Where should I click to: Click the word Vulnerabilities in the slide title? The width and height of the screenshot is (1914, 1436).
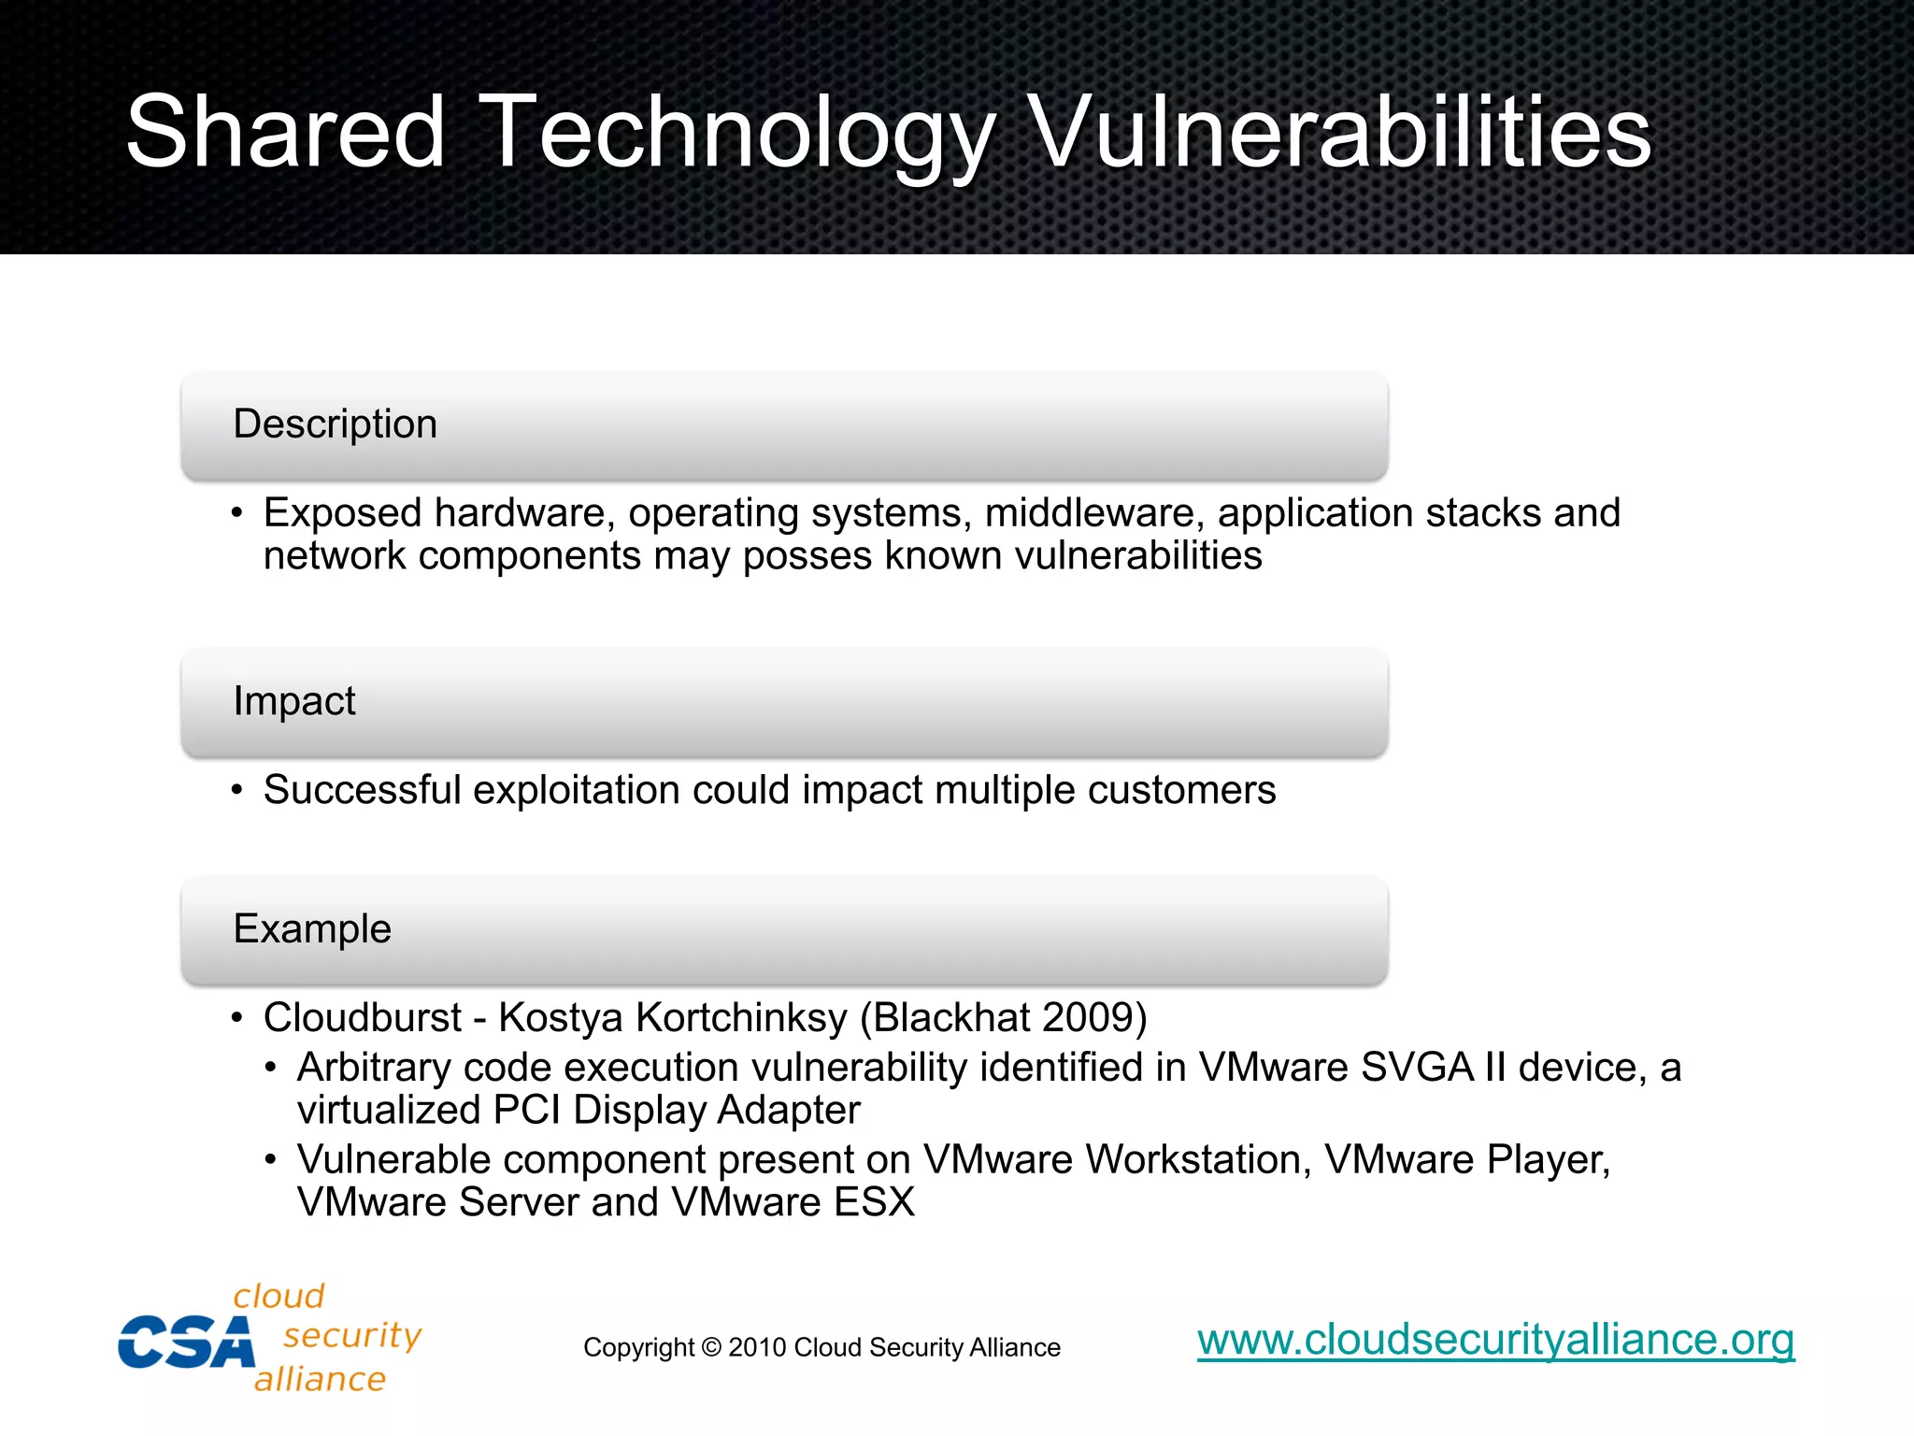(x=1341, y=133)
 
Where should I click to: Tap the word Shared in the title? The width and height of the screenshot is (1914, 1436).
(x=285, y=133)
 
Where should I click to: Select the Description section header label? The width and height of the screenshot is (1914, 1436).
(x=335, y=424)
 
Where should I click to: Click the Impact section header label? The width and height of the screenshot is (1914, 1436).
(x=293, y=701)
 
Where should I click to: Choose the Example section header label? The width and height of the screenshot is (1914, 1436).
(x=312, y=929)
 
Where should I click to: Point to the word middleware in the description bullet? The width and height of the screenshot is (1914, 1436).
(x=1093, y=513)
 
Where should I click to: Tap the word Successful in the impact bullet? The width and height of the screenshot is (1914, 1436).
(x=362, y=790)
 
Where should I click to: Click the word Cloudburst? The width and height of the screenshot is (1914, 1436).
(x=362, y=1018)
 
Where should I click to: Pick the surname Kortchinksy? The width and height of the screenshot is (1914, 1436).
(x=741, y=1018)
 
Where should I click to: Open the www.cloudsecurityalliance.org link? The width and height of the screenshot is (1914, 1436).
(x=1495, y=1340)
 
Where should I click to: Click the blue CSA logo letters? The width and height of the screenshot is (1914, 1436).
(x=185, y=1343)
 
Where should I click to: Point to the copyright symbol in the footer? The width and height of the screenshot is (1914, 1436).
(x=710, y=1348)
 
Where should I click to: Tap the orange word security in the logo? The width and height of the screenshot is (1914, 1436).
(x=352, y=1336)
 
